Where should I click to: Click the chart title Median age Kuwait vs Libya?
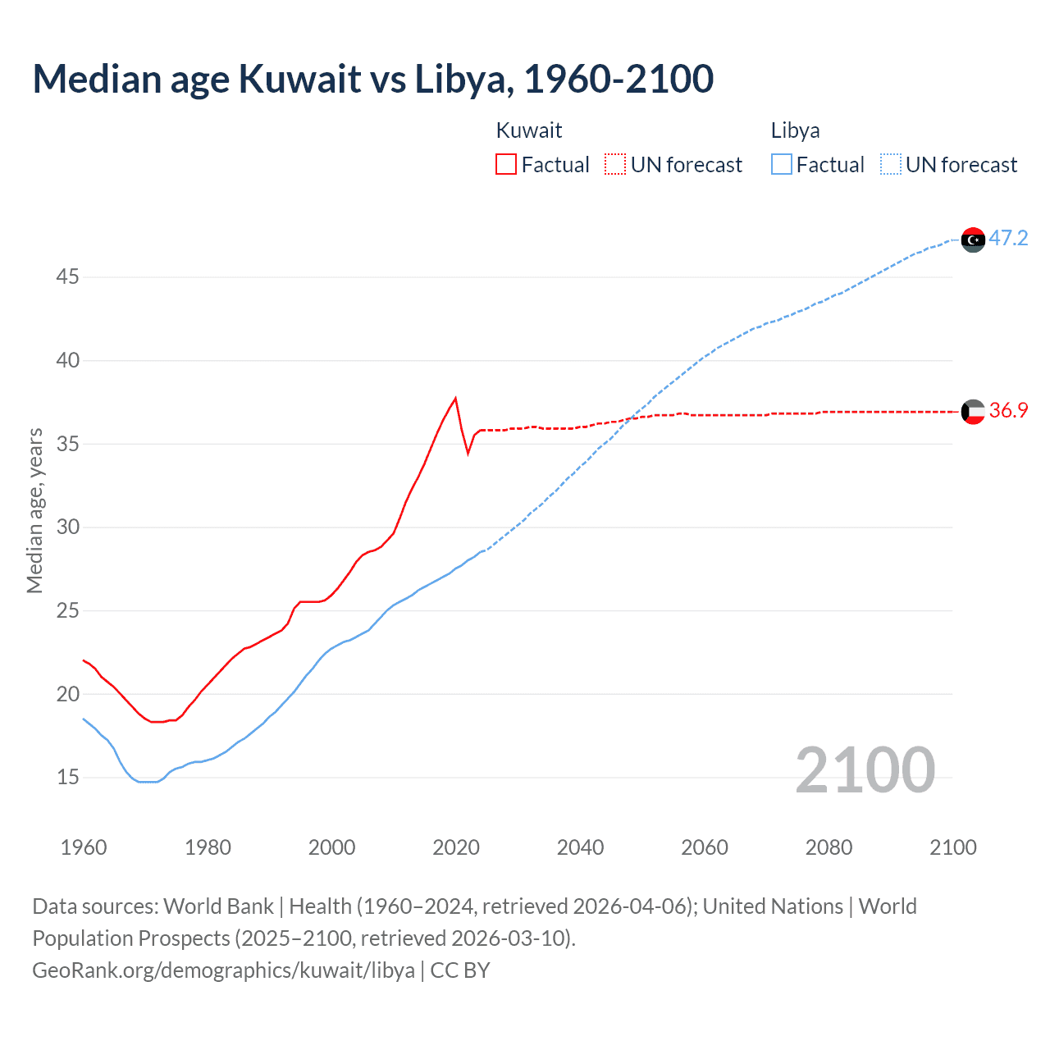373,79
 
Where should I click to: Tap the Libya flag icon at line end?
973,240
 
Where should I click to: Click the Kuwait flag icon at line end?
973,411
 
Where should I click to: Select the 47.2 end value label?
1008,239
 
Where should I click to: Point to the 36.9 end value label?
1008,411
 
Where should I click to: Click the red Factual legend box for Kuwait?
506,164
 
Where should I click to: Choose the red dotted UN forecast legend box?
615,164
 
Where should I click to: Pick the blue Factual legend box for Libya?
782,164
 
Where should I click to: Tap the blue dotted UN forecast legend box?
890,164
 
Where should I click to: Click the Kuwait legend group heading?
529,130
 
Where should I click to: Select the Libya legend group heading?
795,130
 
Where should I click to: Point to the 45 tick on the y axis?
67,277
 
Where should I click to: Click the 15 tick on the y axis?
67,777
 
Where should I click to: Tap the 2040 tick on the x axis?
580,847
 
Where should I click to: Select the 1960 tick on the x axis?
84,847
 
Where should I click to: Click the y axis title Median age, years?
34,510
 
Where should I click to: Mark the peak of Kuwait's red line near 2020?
455,399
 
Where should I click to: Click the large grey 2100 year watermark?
865,769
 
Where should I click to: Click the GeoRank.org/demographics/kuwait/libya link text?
223,970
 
